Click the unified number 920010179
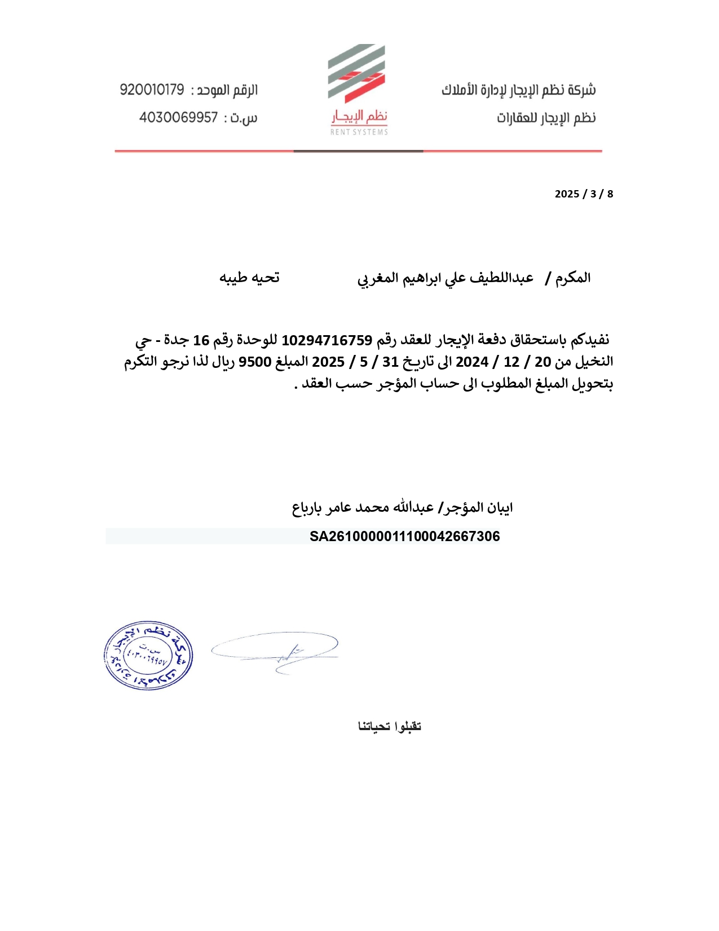[x=152, y=90]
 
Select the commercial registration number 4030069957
[x=178, y=117]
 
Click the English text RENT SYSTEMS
[x=359, y=132]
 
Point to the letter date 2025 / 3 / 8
[x=584, y=194]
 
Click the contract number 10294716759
[x=327, y=340]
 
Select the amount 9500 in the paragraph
[x=255, y=362]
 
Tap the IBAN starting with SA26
[x=404, y=537]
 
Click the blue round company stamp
[x=148, y=656]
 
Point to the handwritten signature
[x=275, y=652]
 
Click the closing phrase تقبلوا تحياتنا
[x=390, y=726]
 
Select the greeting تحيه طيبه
[x=249, y=278]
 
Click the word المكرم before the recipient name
[x=573, y=278]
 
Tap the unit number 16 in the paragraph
[x=201, y=340]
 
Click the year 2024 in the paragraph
[x=472, y=362]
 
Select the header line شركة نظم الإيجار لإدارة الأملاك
[x=518, y=90]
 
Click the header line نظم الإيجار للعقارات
[x=546, y=118]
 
